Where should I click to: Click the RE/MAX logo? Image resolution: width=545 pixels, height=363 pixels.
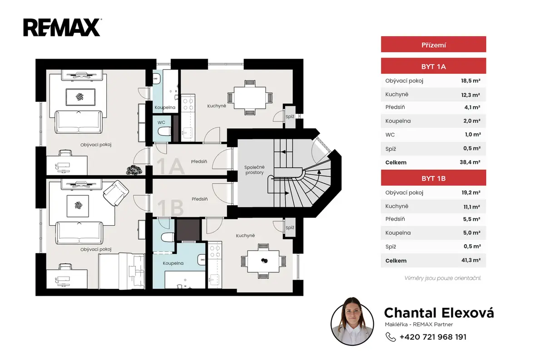pos(62,28)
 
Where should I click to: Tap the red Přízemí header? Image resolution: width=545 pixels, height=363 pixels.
pos(433,44)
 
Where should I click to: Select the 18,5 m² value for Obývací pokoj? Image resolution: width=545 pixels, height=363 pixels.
pos(471,81)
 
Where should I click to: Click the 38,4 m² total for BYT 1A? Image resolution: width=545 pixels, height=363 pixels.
pos(470,162)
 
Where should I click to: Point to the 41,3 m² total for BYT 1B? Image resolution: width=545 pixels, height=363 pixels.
pos(471,260)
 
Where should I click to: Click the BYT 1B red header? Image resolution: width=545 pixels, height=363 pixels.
pos(433,178)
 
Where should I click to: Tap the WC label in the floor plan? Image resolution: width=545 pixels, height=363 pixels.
pos(161,122)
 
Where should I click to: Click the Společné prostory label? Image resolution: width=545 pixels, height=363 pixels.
pos(254,170)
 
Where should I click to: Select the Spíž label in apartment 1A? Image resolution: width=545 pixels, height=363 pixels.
pos(290,117)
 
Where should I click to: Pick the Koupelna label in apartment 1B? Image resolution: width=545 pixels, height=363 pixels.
pos(173,263)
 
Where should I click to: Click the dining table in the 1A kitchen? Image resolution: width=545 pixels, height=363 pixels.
pos(250,98)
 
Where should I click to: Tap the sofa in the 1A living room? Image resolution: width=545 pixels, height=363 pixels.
pos(79,122)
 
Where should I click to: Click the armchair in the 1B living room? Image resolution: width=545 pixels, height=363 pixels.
pos(116,193)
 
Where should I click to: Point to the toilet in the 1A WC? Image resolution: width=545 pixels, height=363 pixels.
pos(164,131)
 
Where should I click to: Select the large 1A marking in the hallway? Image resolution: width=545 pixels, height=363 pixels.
pos(170,166)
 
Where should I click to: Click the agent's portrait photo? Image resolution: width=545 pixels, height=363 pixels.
pos(352,322)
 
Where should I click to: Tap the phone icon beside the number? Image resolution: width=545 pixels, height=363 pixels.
pos(391,337)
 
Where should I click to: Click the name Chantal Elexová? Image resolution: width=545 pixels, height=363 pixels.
pos(439,313)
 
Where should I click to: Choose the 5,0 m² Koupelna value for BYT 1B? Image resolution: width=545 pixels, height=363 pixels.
pos(471,232)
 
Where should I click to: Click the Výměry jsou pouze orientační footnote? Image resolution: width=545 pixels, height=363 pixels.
pos(442,278)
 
